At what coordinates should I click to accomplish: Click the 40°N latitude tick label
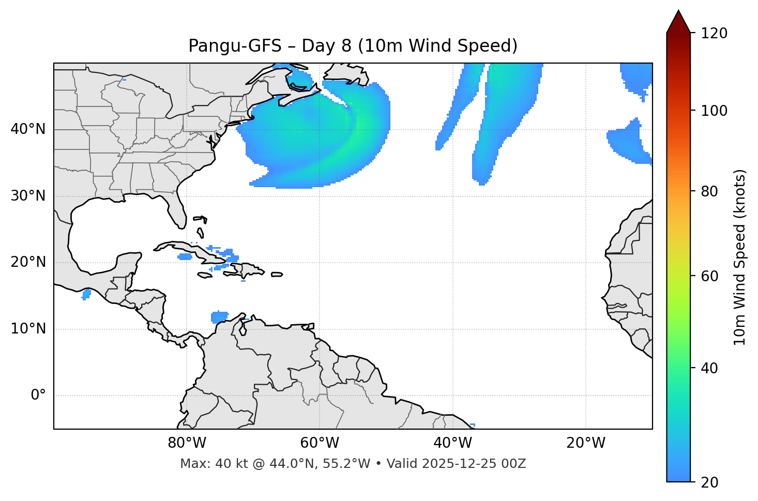pos(28,129)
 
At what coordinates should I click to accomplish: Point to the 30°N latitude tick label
pos(28,196)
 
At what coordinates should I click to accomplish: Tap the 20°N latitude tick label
pos(28,262)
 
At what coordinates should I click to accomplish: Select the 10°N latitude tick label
pos(28,329)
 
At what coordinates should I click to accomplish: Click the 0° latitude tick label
pos(38,396)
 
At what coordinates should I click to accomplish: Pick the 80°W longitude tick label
pos(187,443)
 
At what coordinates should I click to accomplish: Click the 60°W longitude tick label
pos(320,443)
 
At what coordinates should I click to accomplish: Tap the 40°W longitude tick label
pos(452,443)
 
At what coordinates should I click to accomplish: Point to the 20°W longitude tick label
pos(586,443)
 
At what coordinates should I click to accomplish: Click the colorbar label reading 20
pos(709,482)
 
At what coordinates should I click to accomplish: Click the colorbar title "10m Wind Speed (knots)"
pos(740,257)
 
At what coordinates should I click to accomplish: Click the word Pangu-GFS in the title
pos(235,46)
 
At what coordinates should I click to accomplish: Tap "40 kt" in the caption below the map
pos(229,464)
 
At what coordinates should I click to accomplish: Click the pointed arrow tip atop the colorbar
pos(678,13)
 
